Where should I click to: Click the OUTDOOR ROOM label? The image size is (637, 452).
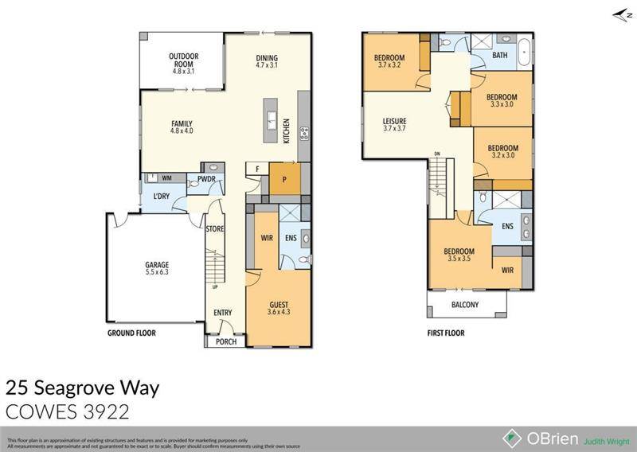pyautogui.click(x=182, y=56)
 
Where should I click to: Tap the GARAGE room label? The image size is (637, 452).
pyautogui.click(x=156, y=265)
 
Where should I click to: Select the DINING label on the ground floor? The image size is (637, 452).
pyautogui.click(x=267, y=58)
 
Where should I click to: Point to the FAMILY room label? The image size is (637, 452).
pyautogui.click(x=183, y=123)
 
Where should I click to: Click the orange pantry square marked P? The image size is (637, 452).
pyautogui.click(x=283, y=179)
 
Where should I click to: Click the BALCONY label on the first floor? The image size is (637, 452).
pyautogui.click(x=466, y=303)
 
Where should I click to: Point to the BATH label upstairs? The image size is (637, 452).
pyautogui.click(x=500, y=56)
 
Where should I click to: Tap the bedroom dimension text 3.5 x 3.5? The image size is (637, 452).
pyautogui.click(x=459, y=259)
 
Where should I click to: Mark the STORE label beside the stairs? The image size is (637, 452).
pyautogui.click(x=215, y=229)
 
